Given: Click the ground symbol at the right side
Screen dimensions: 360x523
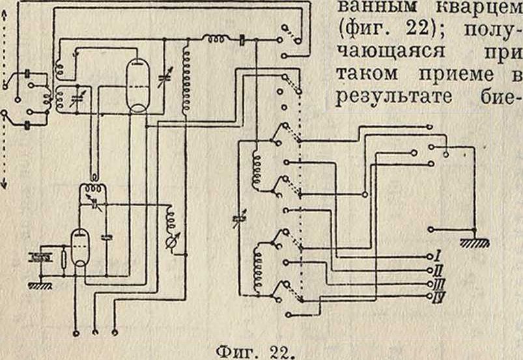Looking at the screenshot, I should pos(475,242).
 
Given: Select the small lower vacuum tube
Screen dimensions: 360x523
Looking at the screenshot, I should pos(79,248).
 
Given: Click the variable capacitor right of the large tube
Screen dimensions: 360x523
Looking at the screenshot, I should pos(164,82).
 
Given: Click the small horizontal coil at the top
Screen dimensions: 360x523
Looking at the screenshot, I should pos(216,40).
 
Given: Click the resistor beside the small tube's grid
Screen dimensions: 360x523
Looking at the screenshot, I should pos(63,259).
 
